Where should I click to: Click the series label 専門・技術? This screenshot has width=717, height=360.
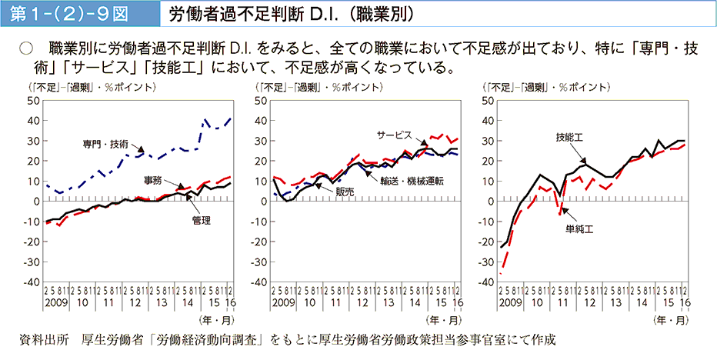tap(106, 144)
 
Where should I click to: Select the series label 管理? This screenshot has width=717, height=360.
tap(202, 220)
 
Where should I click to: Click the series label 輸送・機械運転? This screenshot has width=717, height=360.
tap(411, 180)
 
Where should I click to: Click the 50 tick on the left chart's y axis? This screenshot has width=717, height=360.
tap(35, 101)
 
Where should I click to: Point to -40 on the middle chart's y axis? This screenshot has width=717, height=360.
tap(260, 282)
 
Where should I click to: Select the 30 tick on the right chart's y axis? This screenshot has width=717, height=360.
tap(487, 141)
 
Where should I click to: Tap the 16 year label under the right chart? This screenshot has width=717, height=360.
tap(684, 302)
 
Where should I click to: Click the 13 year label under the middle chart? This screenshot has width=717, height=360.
tap(391, 302)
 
